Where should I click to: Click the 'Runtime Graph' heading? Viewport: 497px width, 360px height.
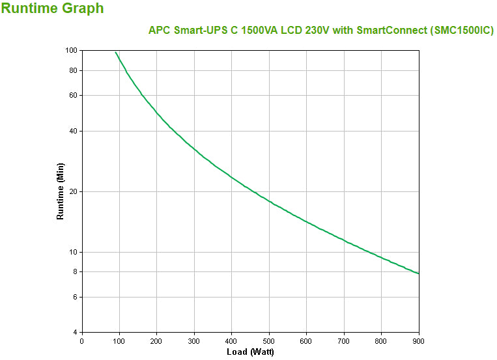[52, 9]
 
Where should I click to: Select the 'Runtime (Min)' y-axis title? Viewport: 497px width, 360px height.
[61, 191]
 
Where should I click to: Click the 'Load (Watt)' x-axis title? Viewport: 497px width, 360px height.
[250, 352]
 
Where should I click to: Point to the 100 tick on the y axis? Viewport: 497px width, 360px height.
[71, 51]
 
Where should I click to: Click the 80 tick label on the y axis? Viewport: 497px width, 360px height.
[73, 70]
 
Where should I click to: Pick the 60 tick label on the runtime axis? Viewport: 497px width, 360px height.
[73, 95]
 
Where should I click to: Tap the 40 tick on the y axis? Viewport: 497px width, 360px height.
[73, 131]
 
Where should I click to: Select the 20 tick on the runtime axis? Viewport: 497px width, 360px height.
[73, 191]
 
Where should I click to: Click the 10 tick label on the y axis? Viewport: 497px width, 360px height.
[73, 252]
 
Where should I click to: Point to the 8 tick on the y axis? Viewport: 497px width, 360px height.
[75, 271]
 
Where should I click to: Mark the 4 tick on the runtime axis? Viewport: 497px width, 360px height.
[75, 332]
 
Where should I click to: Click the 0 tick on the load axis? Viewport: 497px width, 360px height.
[81, 340]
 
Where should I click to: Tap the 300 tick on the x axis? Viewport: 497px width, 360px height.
[194, 340]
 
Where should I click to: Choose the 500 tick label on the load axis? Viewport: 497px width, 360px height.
[269, 340]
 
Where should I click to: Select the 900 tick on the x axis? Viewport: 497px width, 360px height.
[419, 340]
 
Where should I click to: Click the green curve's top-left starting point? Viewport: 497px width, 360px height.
[115, 52]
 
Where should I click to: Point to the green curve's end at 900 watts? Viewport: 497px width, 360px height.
[419, 273]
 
